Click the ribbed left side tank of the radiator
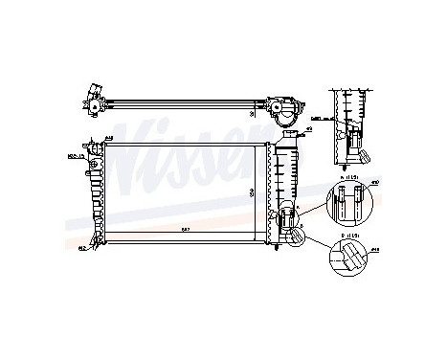click(x=96, y=197)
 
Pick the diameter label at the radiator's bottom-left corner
click(x=82, y=248)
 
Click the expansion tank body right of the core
click(x=286, y=187)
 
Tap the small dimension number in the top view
click(x=252, y=113)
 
